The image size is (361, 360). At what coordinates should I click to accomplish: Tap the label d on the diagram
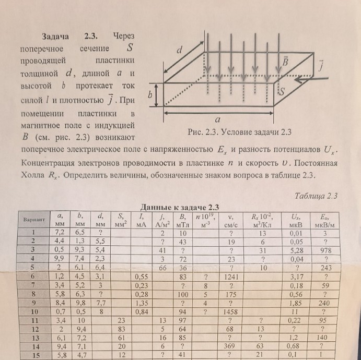[179, 51]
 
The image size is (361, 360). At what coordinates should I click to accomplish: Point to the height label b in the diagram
[150, 96]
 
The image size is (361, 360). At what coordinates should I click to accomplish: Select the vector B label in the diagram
[286, 62]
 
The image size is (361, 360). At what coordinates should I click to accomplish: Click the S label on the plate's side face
[282, 92]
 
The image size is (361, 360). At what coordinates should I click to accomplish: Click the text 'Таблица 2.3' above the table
[317, 196]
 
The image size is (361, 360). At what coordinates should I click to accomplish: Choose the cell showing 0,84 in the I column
[141, 312]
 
